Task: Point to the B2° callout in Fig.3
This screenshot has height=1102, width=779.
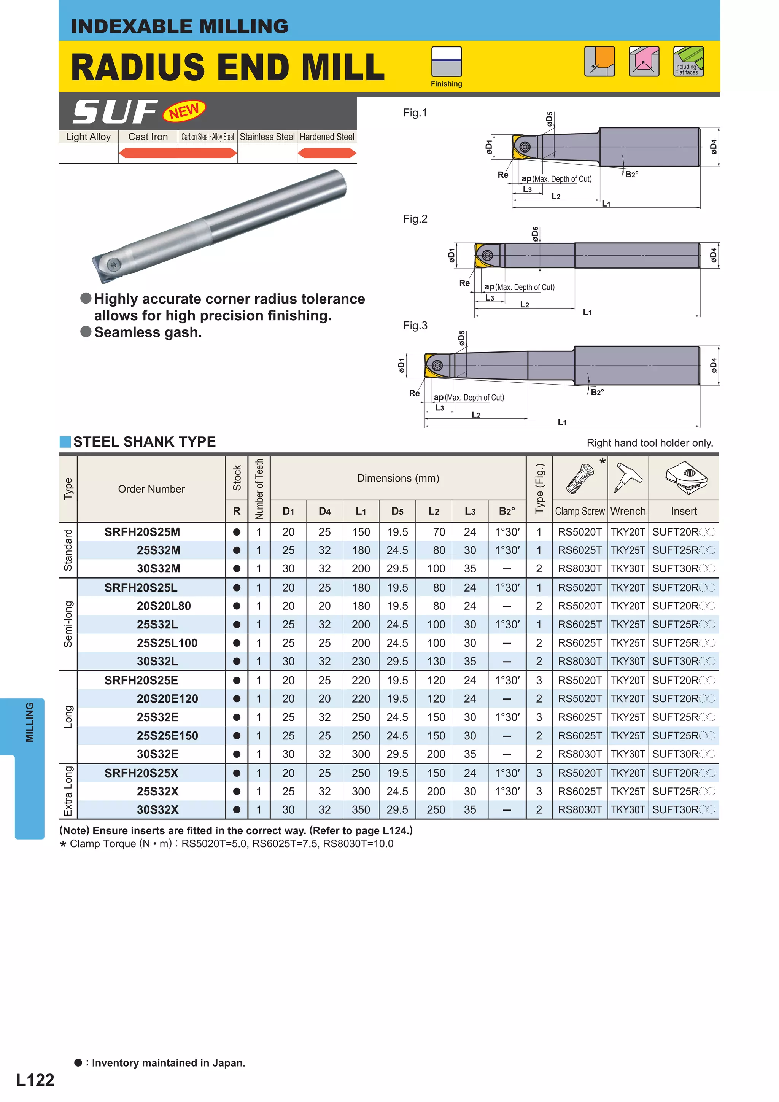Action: [597, 392]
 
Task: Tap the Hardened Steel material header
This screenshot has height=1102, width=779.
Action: [327, 137]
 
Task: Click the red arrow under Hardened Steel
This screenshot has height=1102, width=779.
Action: [327, 153]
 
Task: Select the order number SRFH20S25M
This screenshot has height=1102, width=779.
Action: [142, 532]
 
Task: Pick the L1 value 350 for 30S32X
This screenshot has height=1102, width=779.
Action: [361, 810]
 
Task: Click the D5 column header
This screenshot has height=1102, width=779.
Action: [397, 511]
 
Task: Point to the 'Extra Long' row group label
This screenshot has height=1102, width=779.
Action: [68, 791]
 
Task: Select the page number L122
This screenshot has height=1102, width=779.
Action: [35, 1080]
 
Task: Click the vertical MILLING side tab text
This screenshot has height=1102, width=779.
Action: [30, 722]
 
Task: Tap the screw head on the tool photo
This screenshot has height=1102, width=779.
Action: [114, 264]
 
